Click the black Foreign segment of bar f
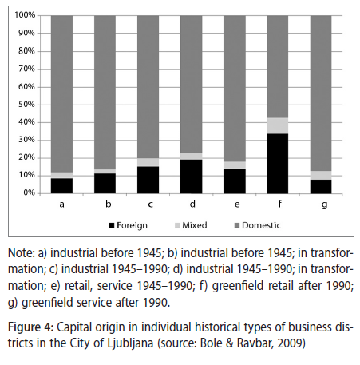(x=278, y=164)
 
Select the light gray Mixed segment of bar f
(x=278, y=125)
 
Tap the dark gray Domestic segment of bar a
(x=61, y=93)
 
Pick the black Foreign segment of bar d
(x=191, y=177)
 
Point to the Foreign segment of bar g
(x=321, y=186)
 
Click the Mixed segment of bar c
(x=148, y=162)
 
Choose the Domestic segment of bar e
(x=235, y=89)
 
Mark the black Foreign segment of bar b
(x=105, y=184)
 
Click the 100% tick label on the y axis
(x=25, y=15)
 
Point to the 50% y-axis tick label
(x=26, y=105)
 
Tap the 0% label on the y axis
(x=29, y=192)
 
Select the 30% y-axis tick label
(x=26, y=140)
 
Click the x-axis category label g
(x=324, y=204)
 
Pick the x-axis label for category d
(x=192, y=204)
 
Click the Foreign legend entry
(x=128, y=225)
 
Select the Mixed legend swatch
(x=177, y=225)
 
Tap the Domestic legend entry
(x=257, y=225)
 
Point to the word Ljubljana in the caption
(x=130, y=343)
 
